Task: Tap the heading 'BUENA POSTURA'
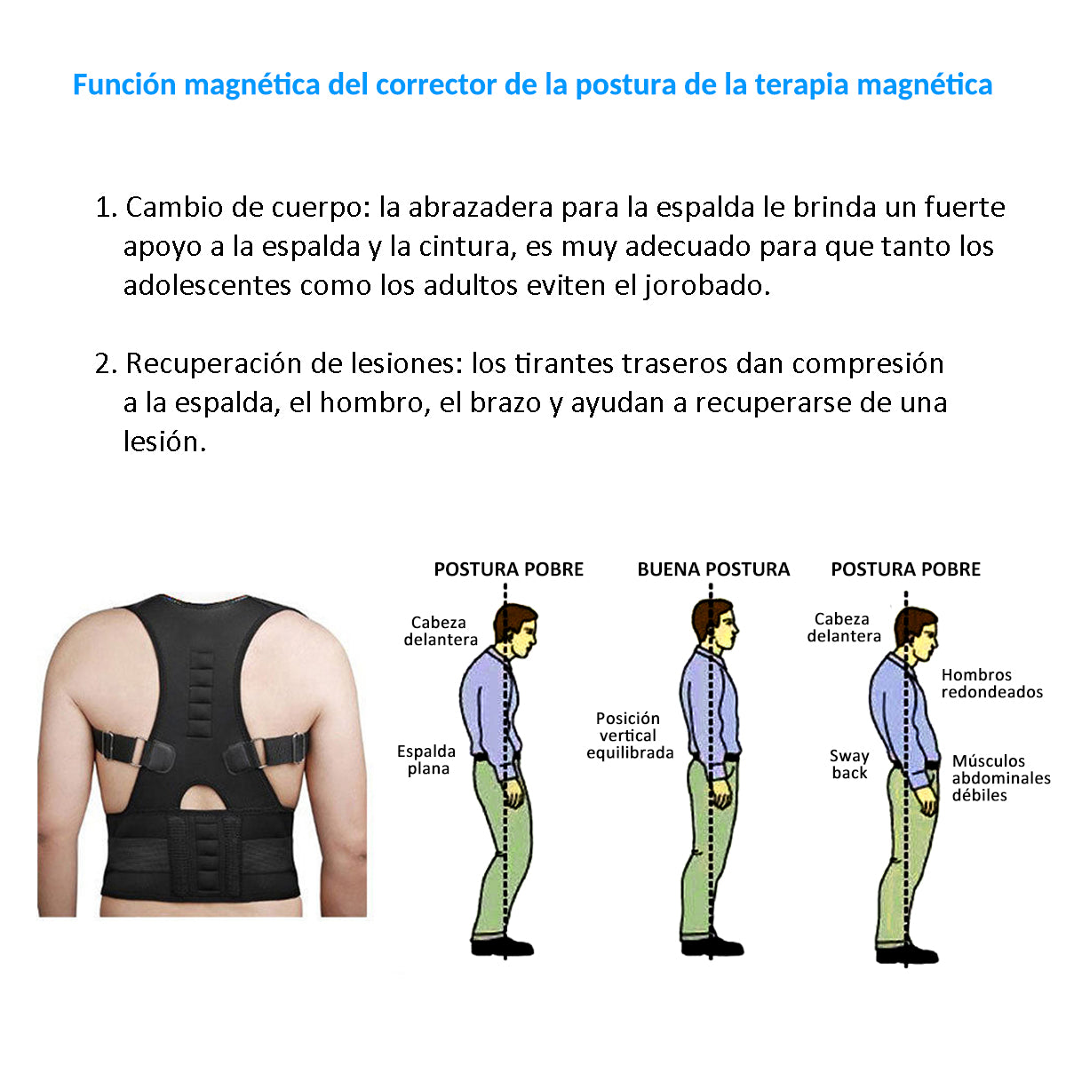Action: pyautogui.click(x=713, y=569)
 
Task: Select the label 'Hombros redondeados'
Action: pyautogui.click(x=991, y=683)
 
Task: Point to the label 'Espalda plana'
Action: pyautogui.click(x=426, y=760)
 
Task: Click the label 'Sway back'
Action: pyautogui.click(x=849, y=764)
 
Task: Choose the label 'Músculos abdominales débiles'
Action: pyautogui.click(x=1000, y=778)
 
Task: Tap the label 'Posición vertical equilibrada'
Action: pyautogui.click(x=629, y=736)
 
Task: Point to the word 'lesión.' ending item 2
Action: pyautogui.click(x=164, y=442)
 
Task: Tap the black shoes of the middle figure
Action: pyautogui.click(x=712, y=945)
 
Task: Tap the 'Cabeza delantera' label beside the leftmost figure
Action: pyautogui.click(x=441, y=631)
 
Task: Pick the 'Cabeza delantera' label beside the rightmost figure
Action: pyautogui.click(x=843, y=627)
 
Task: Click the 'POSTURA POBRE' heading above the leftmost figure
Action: pyautogui.click(x=508, y=569)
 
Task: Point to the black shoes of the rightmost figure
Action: pyautogui.click(x=907, y=955)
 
